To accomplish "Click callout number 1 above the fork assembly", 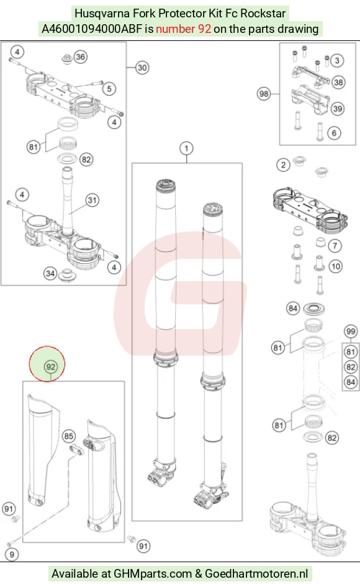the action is [186, 148].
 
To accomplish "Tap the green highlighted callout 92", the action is [50, 367].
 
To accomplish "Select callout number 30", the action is [142, 68].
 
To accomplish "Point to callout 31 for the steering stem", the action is [92, 200].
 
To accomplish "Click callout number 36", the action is [80, 57].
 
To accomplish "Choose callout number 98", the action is [264, 94].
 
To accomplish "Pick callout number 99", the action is [351, 331].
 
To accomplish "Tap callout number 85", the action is [68, 436].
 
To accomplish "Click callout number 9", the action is [12, 555].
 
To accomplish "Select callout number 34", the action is [50, 274].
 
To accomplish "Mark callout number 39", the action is [338, 109].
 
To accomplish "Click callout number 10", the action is [335, 267].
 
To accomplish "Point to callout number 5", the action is [109, 89].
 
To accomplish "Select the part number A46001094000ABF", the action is [92, 29].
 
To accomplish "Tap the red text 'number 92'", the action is [184, 29].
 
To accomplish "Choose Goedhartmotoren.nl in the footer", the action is [256, 573].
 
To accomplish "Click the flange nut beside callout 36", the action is [66, 59].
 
